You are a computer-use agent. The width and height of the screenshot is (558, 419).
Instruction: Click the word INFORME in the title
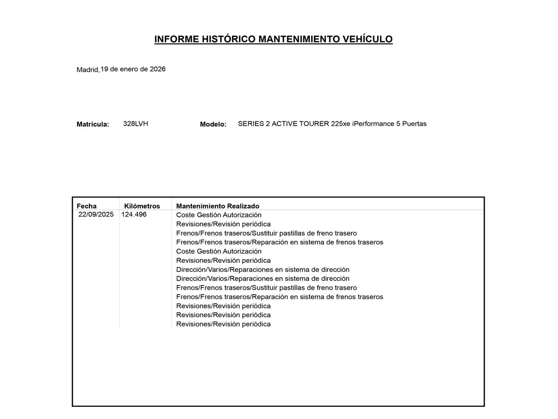[x=177, y=39]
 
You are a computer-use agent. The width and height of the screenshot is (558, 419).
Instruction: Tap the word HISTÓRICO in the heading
[x=228, y=39]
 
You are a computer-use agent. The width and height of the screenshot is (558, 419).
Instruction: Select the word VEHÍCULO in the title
[x=367, y=39]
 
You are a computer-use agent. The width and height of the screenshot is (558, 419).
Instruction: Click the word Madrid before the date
[x=88, y=70]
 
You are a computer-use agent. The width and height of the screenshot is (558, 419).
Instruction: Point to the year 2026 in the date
[x=158, y=69]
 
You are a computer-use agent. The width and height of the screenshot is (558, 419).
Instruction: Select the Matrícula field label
[x=92, y=124]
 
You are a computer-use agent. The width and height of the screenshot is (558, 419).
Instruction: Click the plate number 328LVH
[x=136, y=124]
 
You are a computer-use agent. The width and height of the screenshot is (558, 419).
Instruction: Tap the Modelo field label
[x=213, y=124]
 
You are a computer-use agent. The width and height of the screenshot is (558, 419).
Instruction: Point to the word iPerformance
[x=373, y=124]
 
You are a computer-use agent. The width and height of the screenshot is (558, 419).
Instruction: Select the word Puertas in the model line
[x=414, y=124]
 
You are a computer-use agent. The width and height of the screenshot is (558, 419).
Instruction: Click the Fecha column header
[x=86, y=206]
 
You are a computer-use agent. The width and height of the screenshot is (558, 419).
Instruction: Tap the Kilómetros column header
[x=142, y=206]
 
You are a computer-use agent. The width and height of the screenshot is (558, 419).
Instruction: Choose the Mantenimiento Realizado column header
[x=218, y=206]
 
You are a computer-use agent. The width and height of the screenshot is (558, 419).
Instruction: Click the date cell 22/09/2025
[x=96, y=214]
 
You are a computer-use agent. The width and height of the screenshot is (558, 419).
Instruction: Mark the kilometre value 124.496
[x=134, y=214]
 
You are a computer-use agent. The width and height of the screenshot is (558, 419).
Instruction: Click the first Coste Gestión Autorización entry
[x=219, y=215]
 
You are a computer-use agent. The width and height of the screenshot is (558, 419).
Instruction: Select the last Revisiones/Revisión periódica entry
[x=223, y=324]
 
